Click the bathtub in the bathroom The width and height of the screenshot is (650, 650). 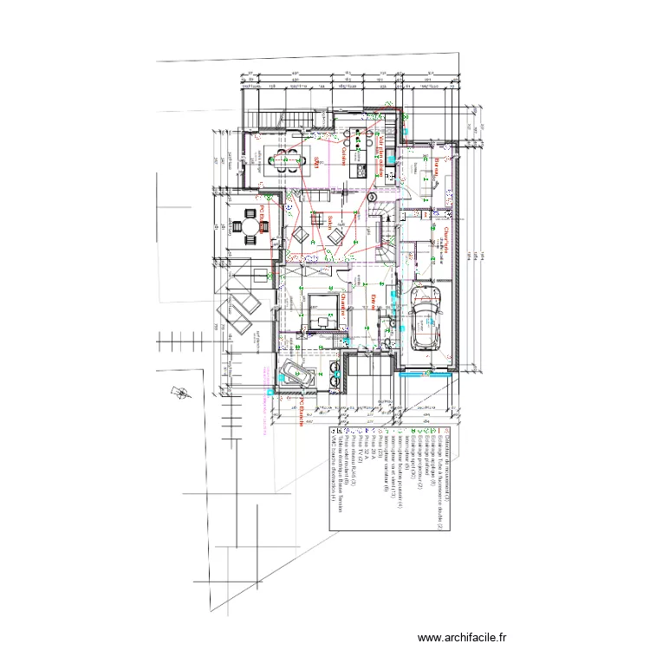tap(297, 375)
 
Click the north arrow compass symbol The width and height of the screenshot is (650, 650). tap(182, 392)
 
